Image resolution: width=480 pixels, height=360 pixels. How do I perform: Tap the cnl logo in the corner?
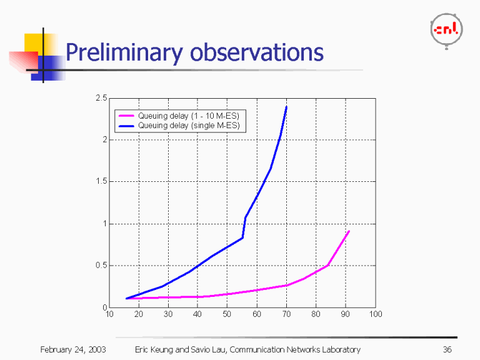[447, 29]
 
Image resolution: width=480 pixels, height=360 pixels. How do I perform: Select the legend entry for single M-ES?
[188, 126]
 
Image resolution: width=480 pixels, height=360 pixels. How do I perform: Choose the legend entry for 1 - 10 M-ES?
[188, 116]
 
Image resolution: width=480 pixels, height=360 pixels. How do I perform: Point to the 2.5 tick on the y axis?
[101, 98]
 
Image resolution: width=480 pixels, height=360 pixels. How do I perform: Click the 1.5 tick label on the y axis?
[101, 182]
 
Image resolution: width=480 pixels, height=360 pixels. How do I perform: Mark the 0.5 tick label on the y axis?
[101, 266]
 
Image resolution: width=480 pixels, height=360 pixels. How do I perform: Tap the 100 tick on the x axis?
[375, 314]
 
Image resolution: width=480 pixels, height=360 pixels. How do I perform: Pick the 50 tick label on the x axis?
[227, 314]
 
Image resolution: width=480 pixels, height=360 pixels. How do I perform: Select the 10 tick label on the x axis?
[109, 314]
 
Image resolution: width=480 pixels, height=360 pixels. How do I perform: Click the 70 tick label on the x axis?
[286, 314]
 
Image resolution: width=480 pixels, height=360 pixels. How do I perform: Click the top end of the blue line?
[286, 107]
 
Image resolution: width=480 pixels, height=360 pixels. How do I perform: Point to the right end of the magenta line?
[349, 231]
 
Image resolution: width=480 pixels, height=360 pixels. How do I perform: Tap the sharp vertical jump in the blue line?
[244, 227]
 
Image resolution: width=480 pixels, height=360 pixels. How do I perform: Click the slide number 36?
[446, 349]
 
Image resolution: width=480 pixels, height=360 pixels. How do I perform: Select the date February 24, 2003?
[72, 349]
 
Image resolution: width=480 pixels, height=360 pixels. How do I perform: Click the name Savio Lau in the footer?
[209, 349]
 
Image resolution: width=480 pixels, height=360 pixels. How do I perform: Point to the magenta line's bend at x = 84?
[328, 265]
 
